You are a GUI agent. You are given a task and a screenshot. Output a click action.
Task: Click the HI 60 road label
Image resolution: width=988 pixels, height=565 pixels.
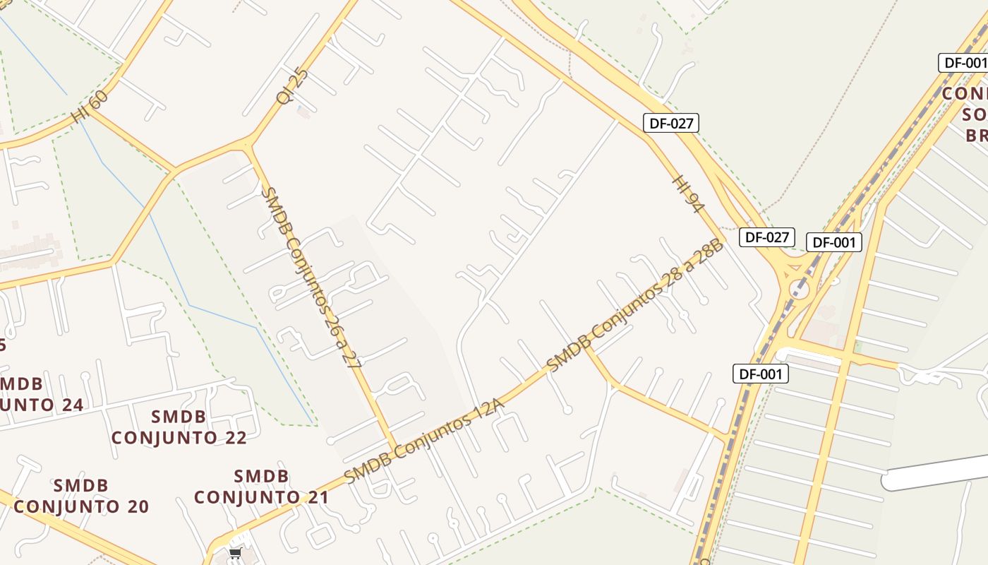pos(90,107)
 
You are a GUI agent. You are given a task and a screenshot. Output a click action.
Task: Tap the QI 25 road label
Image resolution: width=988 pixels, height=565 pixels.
pos(292,86)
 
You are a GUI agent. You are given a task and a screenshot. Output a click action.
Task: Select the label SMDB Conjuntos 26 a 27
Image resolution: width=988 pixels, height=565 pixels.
pos(311,278)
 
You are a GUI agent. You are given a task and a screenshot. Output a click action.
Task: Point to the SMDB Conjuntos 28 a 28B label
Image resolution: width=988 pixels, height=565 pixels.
pos(635,305)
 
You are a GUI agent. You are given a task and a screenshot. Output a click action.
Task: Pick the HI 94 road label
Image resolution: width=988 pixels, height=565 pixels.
pos(689,194)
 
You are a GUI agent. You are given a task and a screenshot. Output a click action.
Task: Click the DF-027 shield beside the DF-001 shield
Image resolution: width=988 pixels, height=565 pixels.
pos(766,237)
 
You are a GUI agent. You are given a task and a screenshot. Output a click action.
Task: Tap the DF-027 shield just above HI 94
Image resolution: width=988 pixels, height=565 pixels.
pos(671,123)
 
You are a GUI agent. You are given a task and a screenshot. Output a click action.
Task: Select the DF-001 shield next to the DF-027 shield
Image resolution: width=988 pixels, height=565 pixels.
pos(833,242)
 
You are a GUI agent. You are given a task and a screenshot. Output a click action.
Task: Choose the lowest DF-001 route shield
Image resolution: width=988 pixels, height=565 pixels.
pos(760,374)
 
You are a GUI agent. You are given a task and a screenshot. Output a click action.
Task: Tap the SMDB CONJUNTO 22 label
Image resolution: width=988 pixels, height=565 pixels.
pos(179,427)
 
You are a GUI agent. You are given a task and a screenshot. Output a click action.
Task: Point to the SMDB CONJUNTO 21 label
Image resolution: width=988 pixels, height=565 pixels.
pos(261,487)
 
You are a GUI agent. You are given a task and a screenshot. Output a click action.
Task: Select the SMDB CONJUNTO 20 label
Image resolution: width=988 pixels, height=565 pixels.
pos(81,496)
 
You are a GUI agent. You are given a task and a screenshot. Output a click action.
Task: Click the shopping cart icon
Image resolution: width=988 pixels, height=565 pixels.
pos(235,553)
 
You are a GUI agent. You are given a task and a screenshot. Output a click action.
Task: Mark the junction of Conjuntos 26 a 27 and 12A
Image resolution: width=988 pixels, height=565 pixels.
pos(394,448)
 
